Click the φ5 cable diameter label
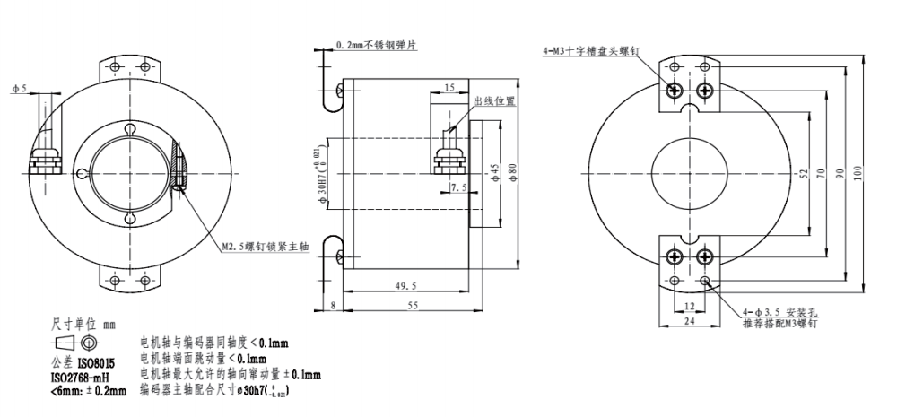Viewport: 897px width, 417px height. tap(19, 89)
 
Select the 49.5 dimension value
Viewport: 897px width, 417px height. tap(406, 285)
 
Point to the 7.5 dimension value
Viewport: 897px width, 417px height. tap(459, 187)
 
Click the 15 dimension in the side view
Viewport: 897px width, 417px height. tap(448, 87)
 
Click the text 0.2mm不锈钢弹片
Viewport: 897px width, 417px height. tap(379, 43)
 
